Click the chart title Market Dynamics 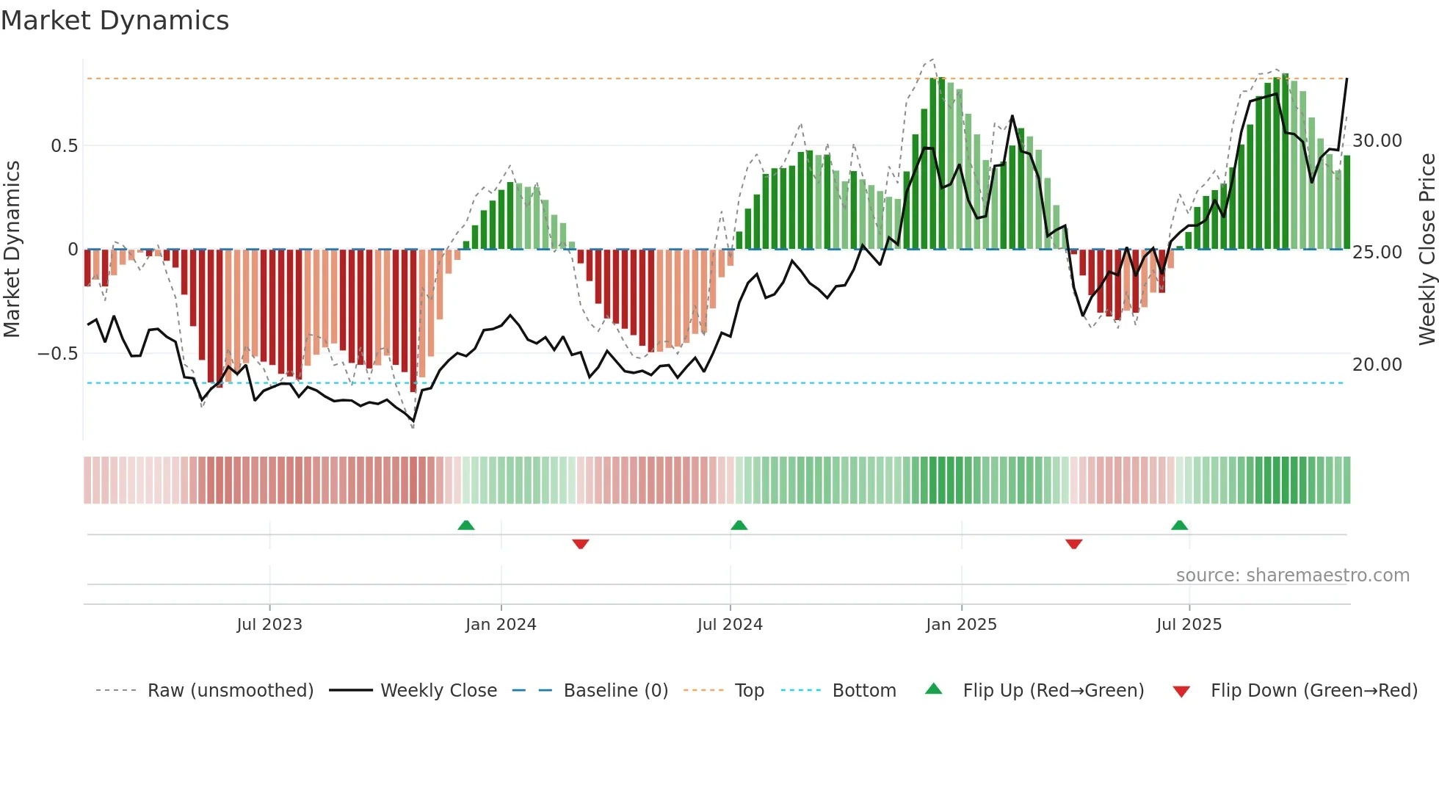point(115,21)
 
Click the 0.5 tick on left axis point(64,146)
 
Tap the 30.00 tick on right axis point(1377,141)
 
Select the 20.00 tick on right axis point(1377,365)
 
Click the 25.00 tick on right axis point(1377,253)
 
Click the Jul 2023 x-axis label point(269,625)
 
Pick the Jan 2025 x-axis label point(961,625)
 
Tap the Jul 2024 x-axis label point(730,625)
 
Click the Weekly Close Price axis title point(1427,250)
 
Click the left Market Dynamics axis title point(12,250)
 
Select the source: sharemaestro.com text point(1292,576)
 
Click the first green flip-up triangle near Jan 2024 point(466,525)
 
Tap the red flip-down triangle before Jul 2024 point(581,544)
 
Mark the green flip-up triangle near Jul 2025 point(1179,525)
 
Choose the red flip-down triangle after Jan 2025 point(1073,544)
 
